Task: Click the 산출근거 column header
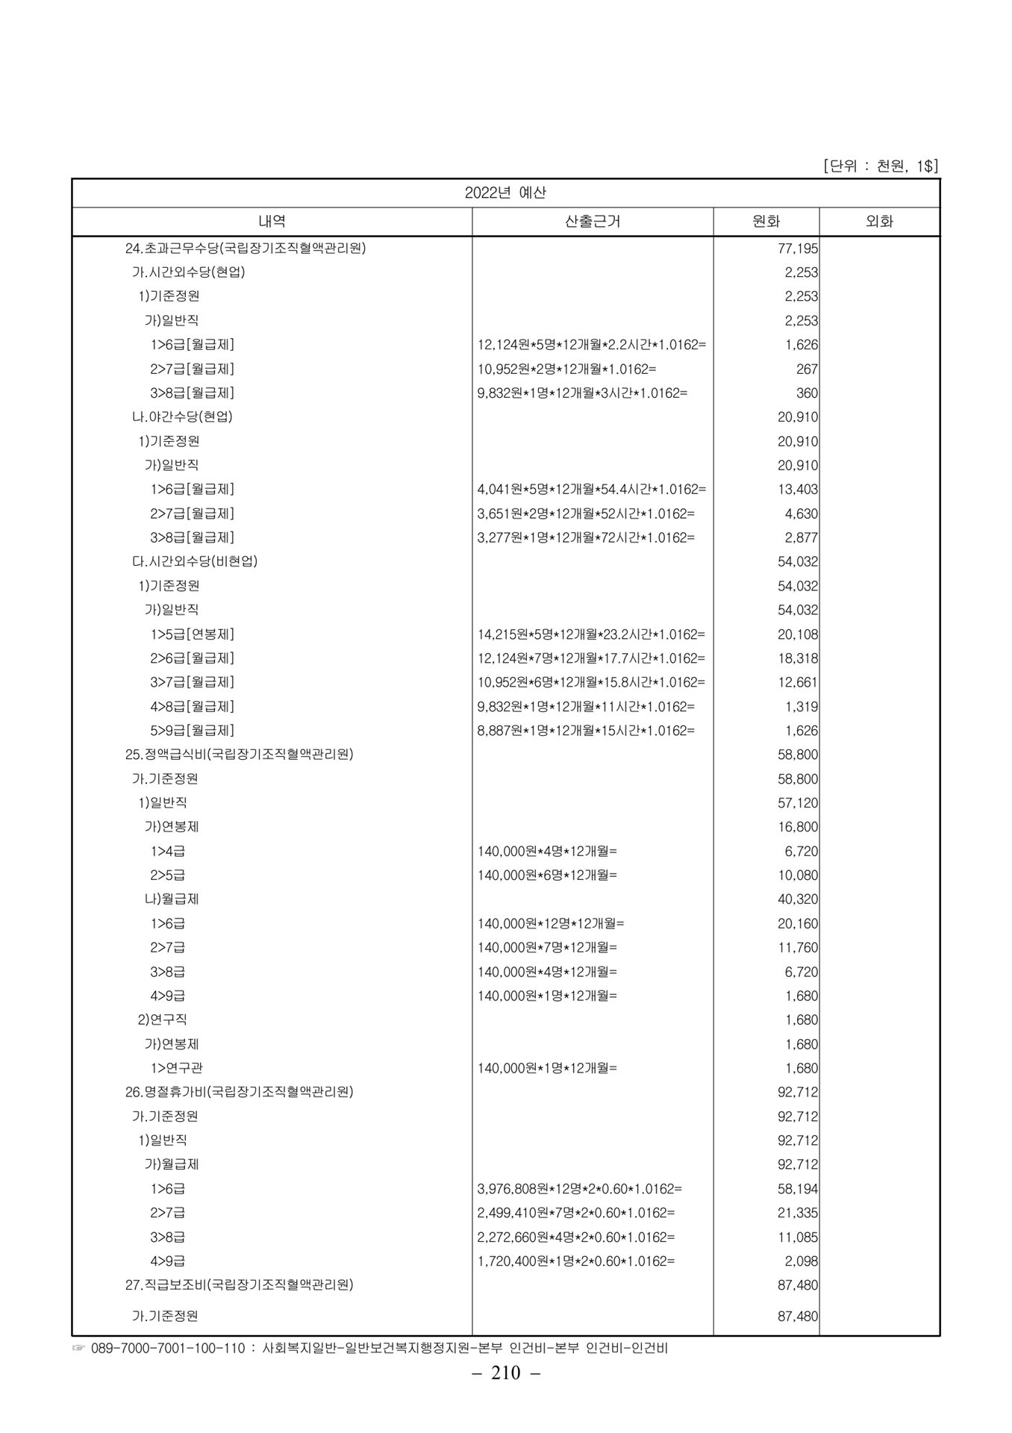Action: [593, 222]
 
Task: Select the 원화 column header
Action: [766, 222]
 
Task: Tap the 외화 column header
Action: [879, 222]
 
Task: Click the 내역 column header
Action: [272, 222]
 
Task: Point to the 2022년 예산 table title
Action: [505, 193]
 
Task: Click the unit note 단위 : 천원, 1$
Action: [881, 166]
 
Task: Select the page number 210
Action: [506, 1373]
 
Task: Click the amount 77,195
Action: [798, 249]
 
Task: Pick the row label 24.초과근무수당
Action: [246, 248]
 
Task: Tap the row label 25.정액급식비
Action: [239, 755]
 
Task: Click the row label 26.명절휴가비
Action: [239, 1092]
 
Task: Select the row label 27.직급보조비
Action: [239, 1285]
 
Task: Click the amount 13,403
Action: [798, 490]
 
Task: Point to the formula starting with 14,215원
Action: [591, 634]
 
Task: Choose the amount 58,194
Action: [798, 1189]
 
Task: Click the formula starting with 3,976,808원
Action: [579, 1189]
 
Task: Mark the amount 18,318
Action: [798, 658]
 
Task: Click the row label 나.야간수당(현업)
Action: [182, 417]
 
